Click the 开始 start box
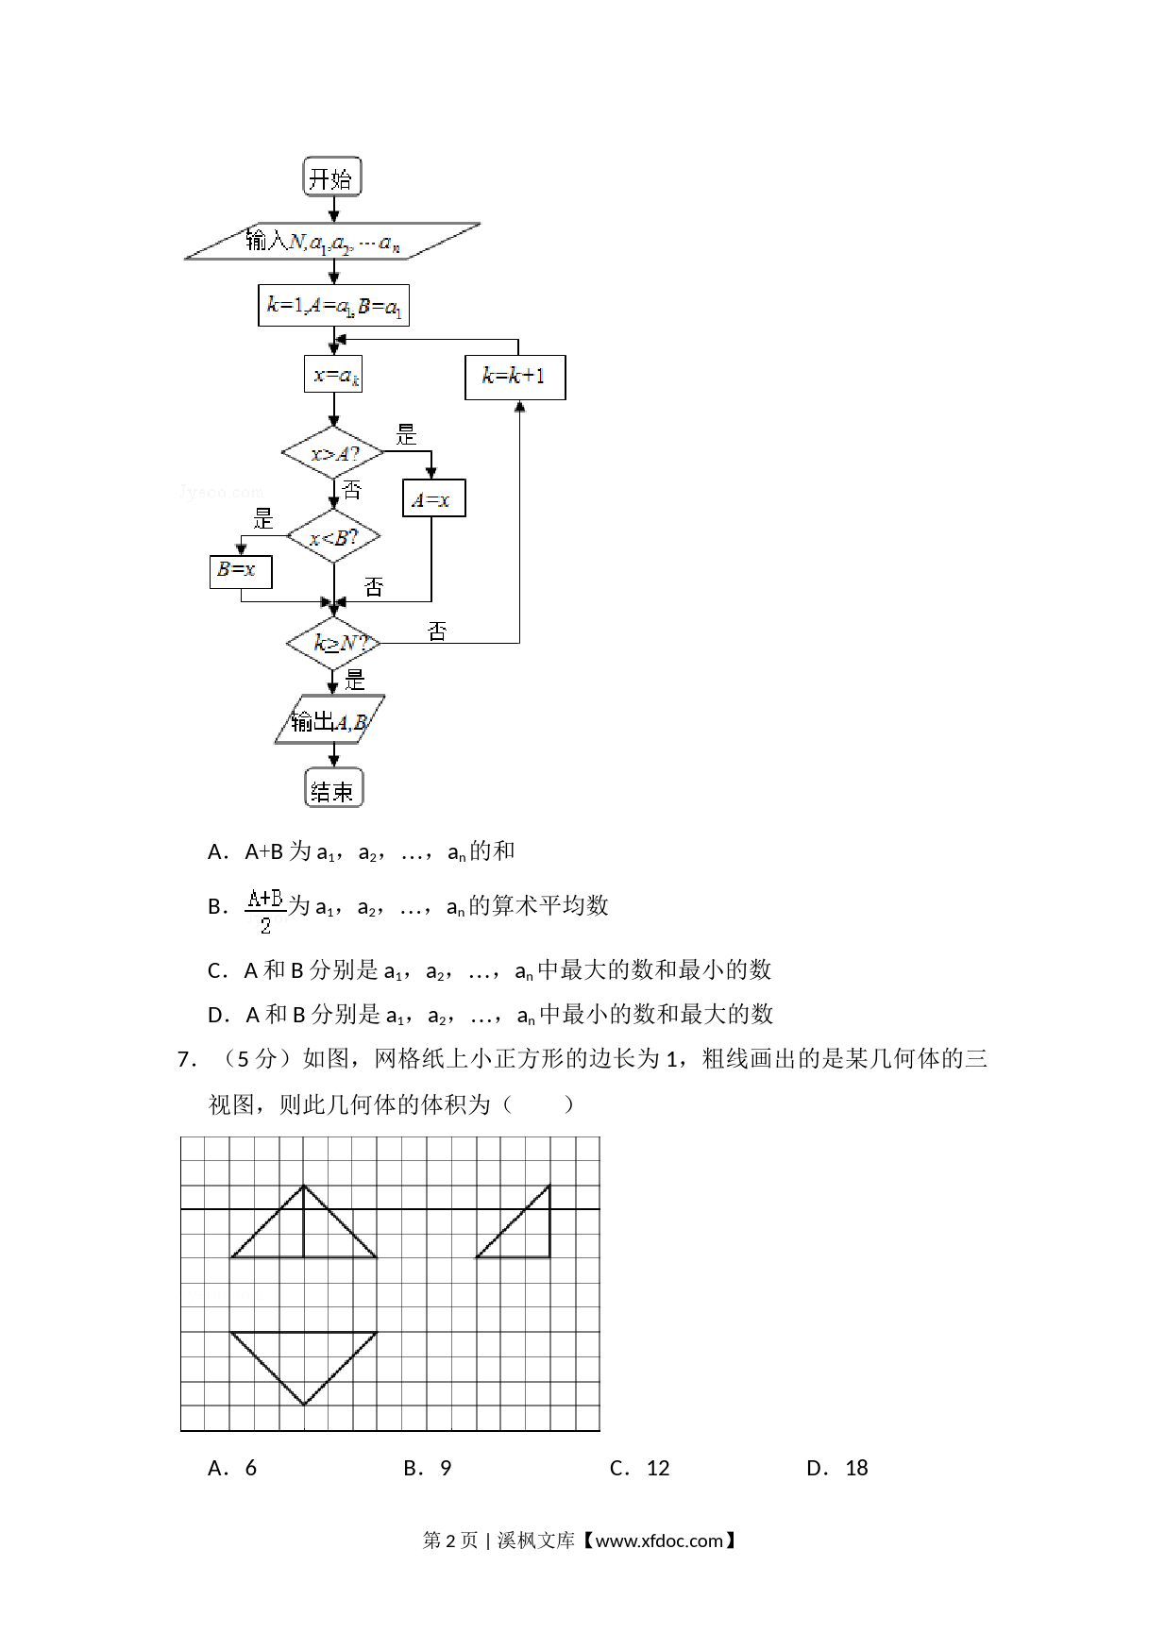click(332, 177)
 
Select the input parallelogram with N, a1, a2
click(332, 241)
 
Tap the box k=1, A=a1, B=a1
click(333, 305)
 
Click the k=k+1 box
click(515, 377)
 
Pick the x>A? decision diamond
click(333, 453)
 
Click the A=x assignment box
click(433, 498)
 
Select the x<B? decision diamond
click(333, 537)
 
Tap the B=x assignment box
click(241, 571)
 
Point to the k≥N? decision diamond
click(333, 644)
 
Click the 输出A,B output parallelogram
click(330, 720)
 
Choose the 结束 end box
click(333, 788)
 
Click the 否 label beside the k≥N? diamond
click(437, 631)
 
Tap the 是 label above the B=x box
click(263, 518)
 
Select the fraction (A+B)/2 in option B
click(265, 910)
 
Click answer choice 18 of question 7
click(856, 1468)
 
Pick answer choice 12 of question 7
click(658, 1468)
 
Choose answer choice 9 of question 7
click(446, 1468)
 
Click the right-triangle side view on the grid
click(514, 1221)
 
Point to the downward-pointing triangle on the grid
click(304, 1368)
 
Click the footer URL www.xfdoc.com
click(659, 1541)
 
